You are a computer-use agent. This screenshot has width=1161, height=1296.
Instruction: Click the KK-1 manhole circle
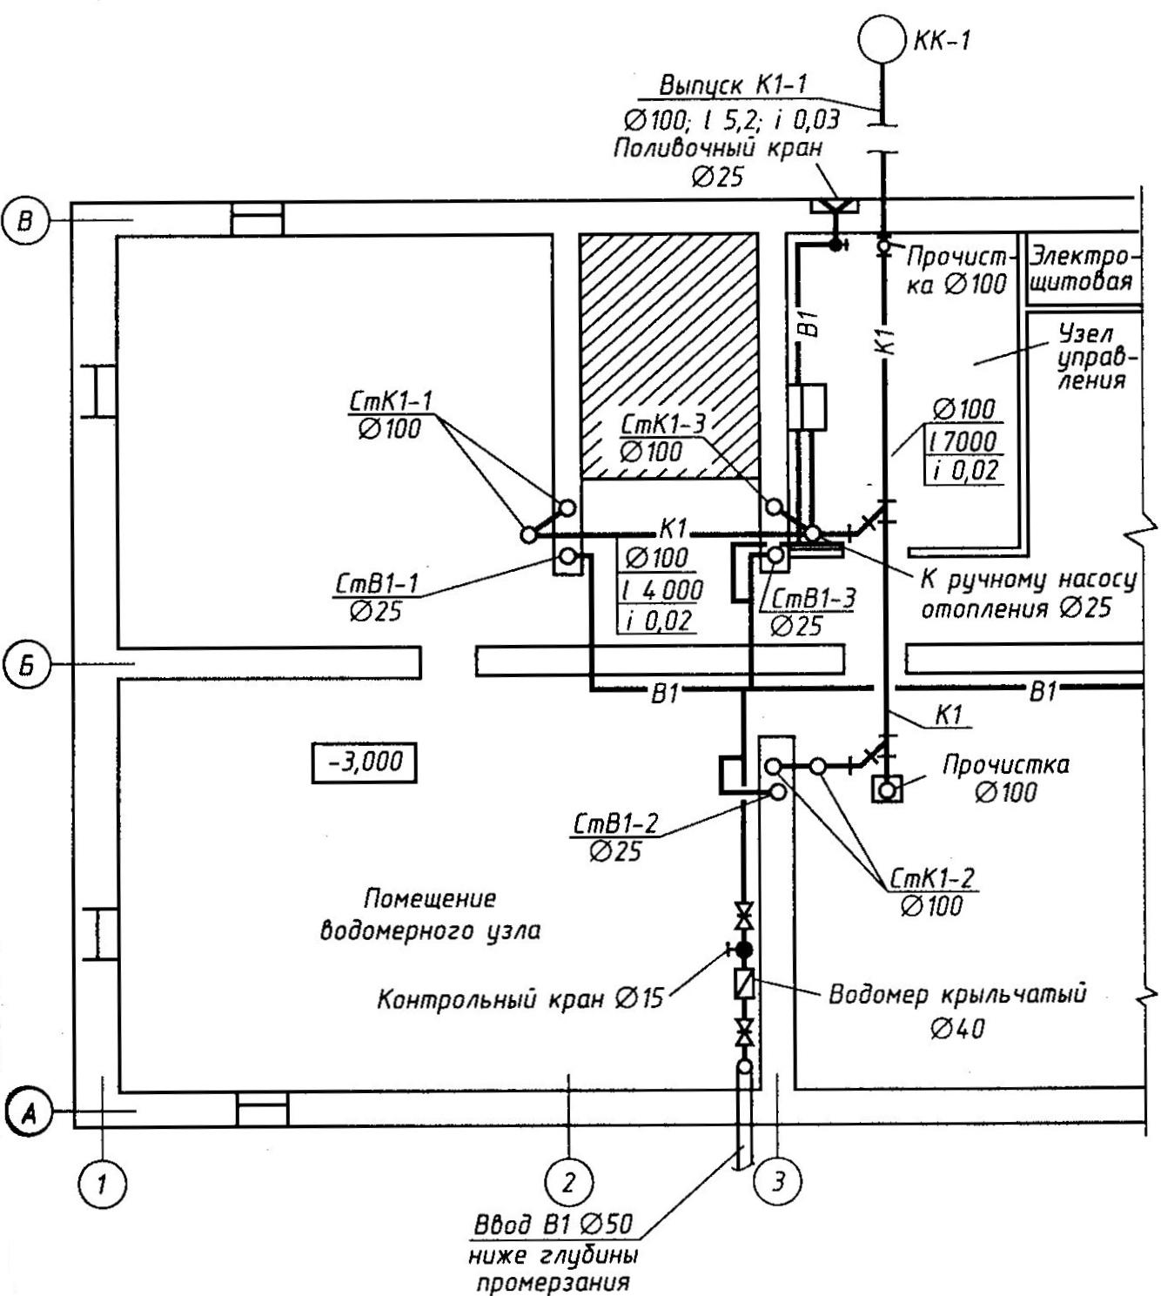(x=882, y=38)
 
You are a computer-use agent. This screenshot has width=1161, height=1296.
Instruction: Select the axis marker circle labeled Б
(x=28, y=665)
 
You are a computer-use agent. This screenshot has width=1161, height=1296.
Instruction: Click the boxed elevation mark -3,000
(x=364, y=762)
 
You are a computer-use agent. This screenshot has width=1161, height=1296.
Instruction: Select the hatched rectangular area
(x=668, y=356)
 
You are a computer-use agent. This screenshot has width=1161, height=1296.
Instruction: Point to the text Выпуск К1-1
(x=733, y=84)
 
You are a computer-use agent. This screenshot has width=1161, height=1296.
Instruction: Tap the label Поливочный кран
(x=718, y=149)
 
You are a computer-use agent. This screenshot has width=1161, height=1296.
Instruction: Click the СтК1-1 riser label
(x=391, y=401)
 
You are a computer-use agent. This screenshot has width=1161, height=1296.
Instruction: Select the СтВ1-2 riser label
(x=615, y=823)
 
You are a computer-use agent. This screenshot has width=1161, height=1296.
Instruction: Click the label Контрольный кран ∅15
(x=520, y=998)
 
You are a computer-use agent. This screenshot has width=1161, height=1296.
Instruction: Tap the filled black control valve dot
(x=744, y=950)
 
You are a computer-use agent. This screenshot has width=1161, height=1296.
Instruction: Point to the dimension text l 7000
(x=964, y=441)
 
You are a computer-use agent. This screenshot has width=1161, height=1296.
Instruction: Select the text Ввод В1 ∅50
(x=554, y=1224)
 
